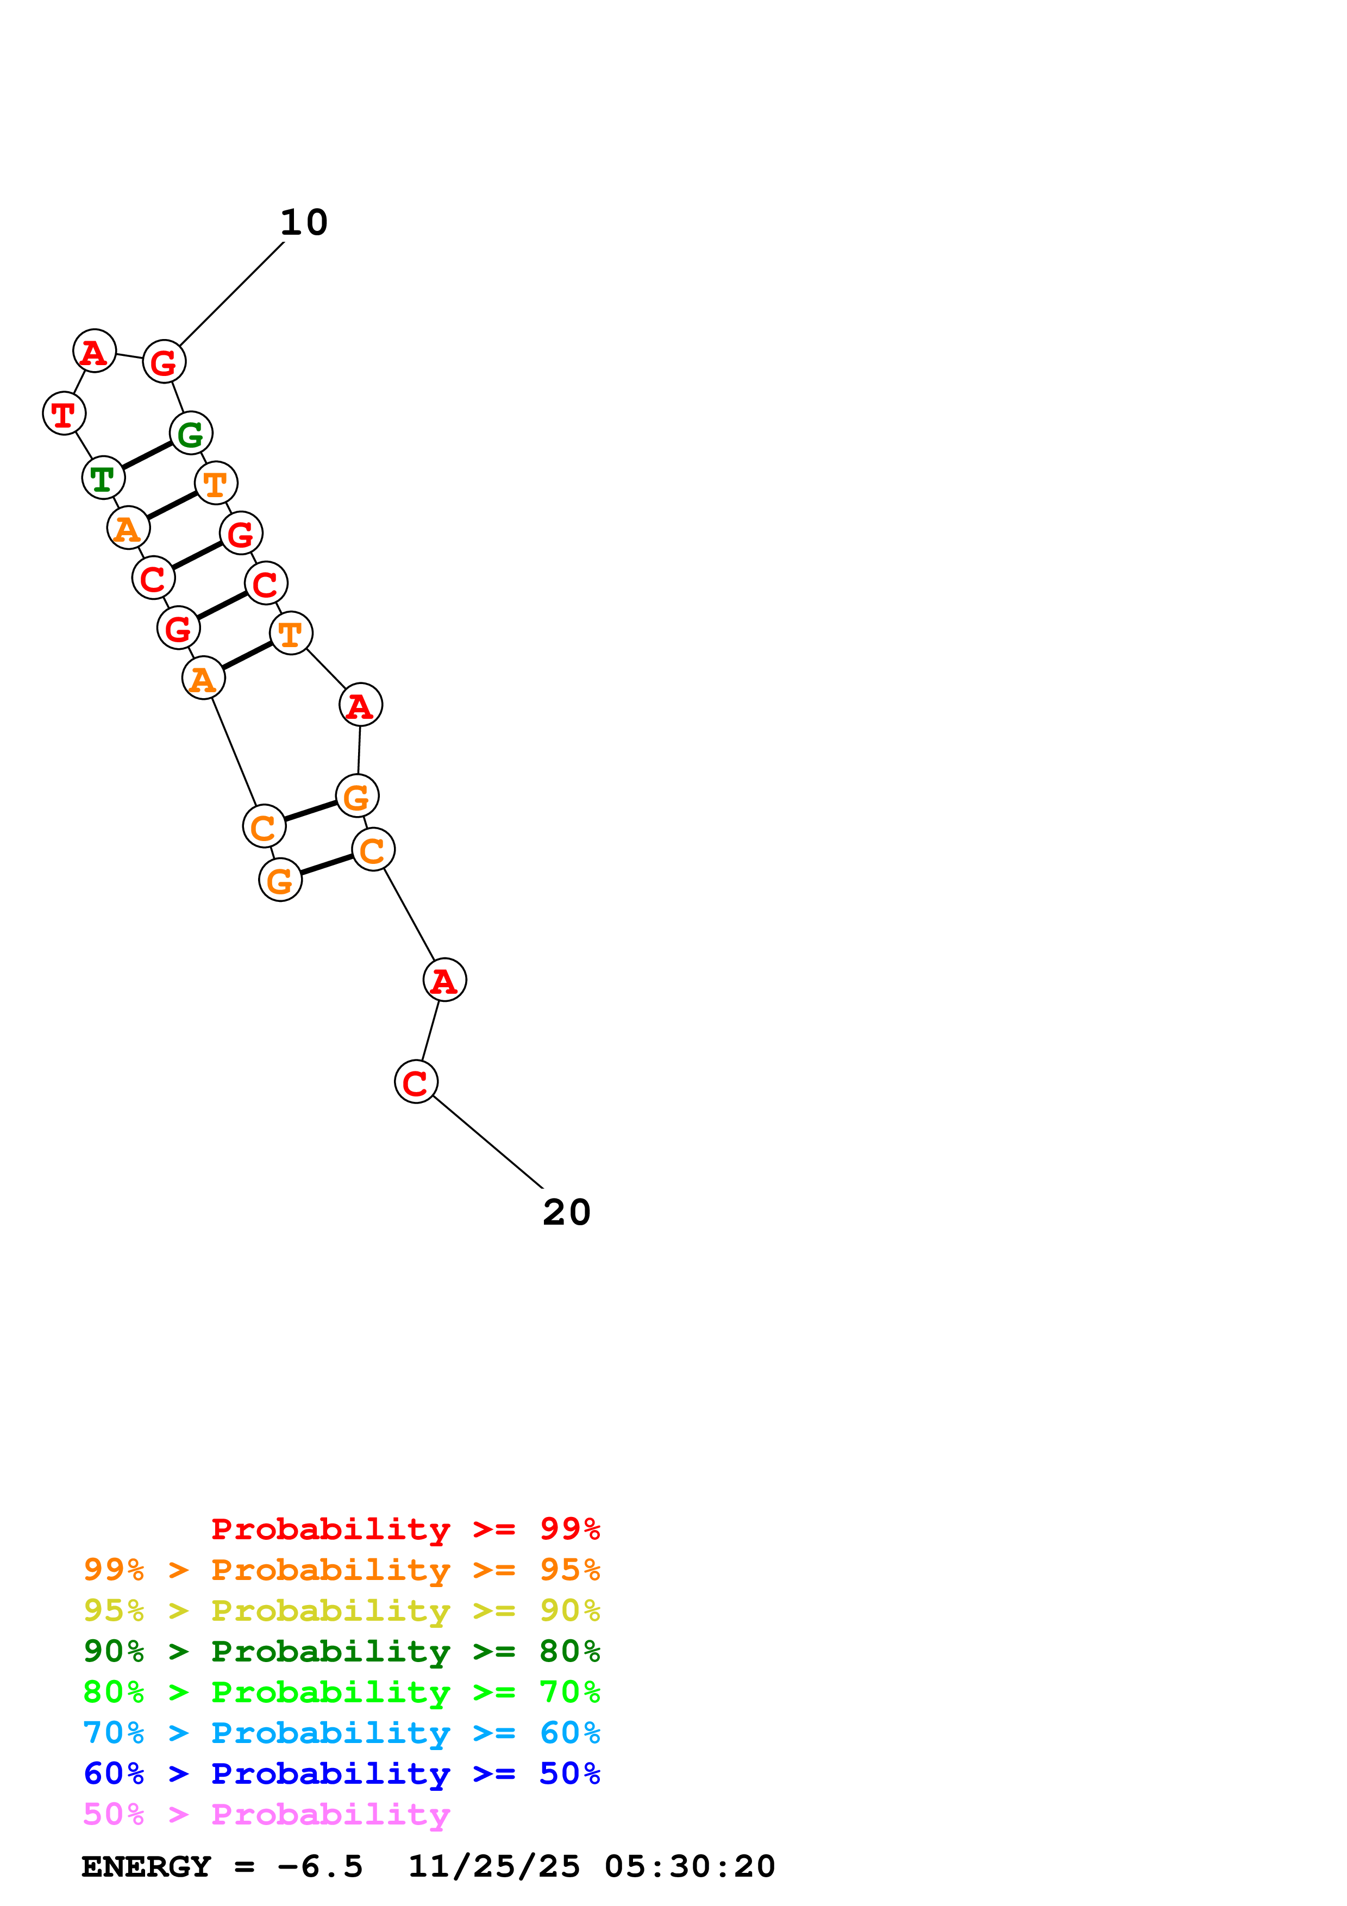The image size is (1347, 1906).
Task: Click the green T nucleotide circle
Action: (103, 478)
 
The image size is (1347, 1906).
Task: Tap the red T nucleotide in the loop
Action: (64, 413)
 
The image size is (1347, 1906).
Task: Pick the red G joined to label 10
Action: (164, 362)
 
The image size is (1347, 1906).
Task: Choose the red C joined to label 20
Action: (416, 1082)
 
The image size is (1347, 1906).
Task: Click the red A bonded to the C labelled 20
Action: (445, 980)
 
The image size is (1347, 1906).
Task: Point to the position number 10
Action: (304, 222)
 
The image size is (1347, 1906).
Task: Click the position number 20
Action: (566, 1213)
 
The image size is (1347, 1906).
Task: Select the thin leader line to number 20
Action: (488, 1142)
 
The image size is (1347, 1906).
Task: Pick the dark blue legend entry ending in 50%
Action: (341, 1773)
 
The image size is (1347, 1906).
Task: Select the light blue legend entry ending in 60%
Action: (341, 1733)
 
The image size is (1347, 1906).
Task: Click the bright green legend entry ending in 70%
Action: (341, 1692)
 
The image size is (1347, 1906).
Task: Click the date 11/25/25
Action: (494, 1867)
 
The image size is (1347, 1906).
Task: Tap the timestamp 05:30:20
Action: (690, 1867)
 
